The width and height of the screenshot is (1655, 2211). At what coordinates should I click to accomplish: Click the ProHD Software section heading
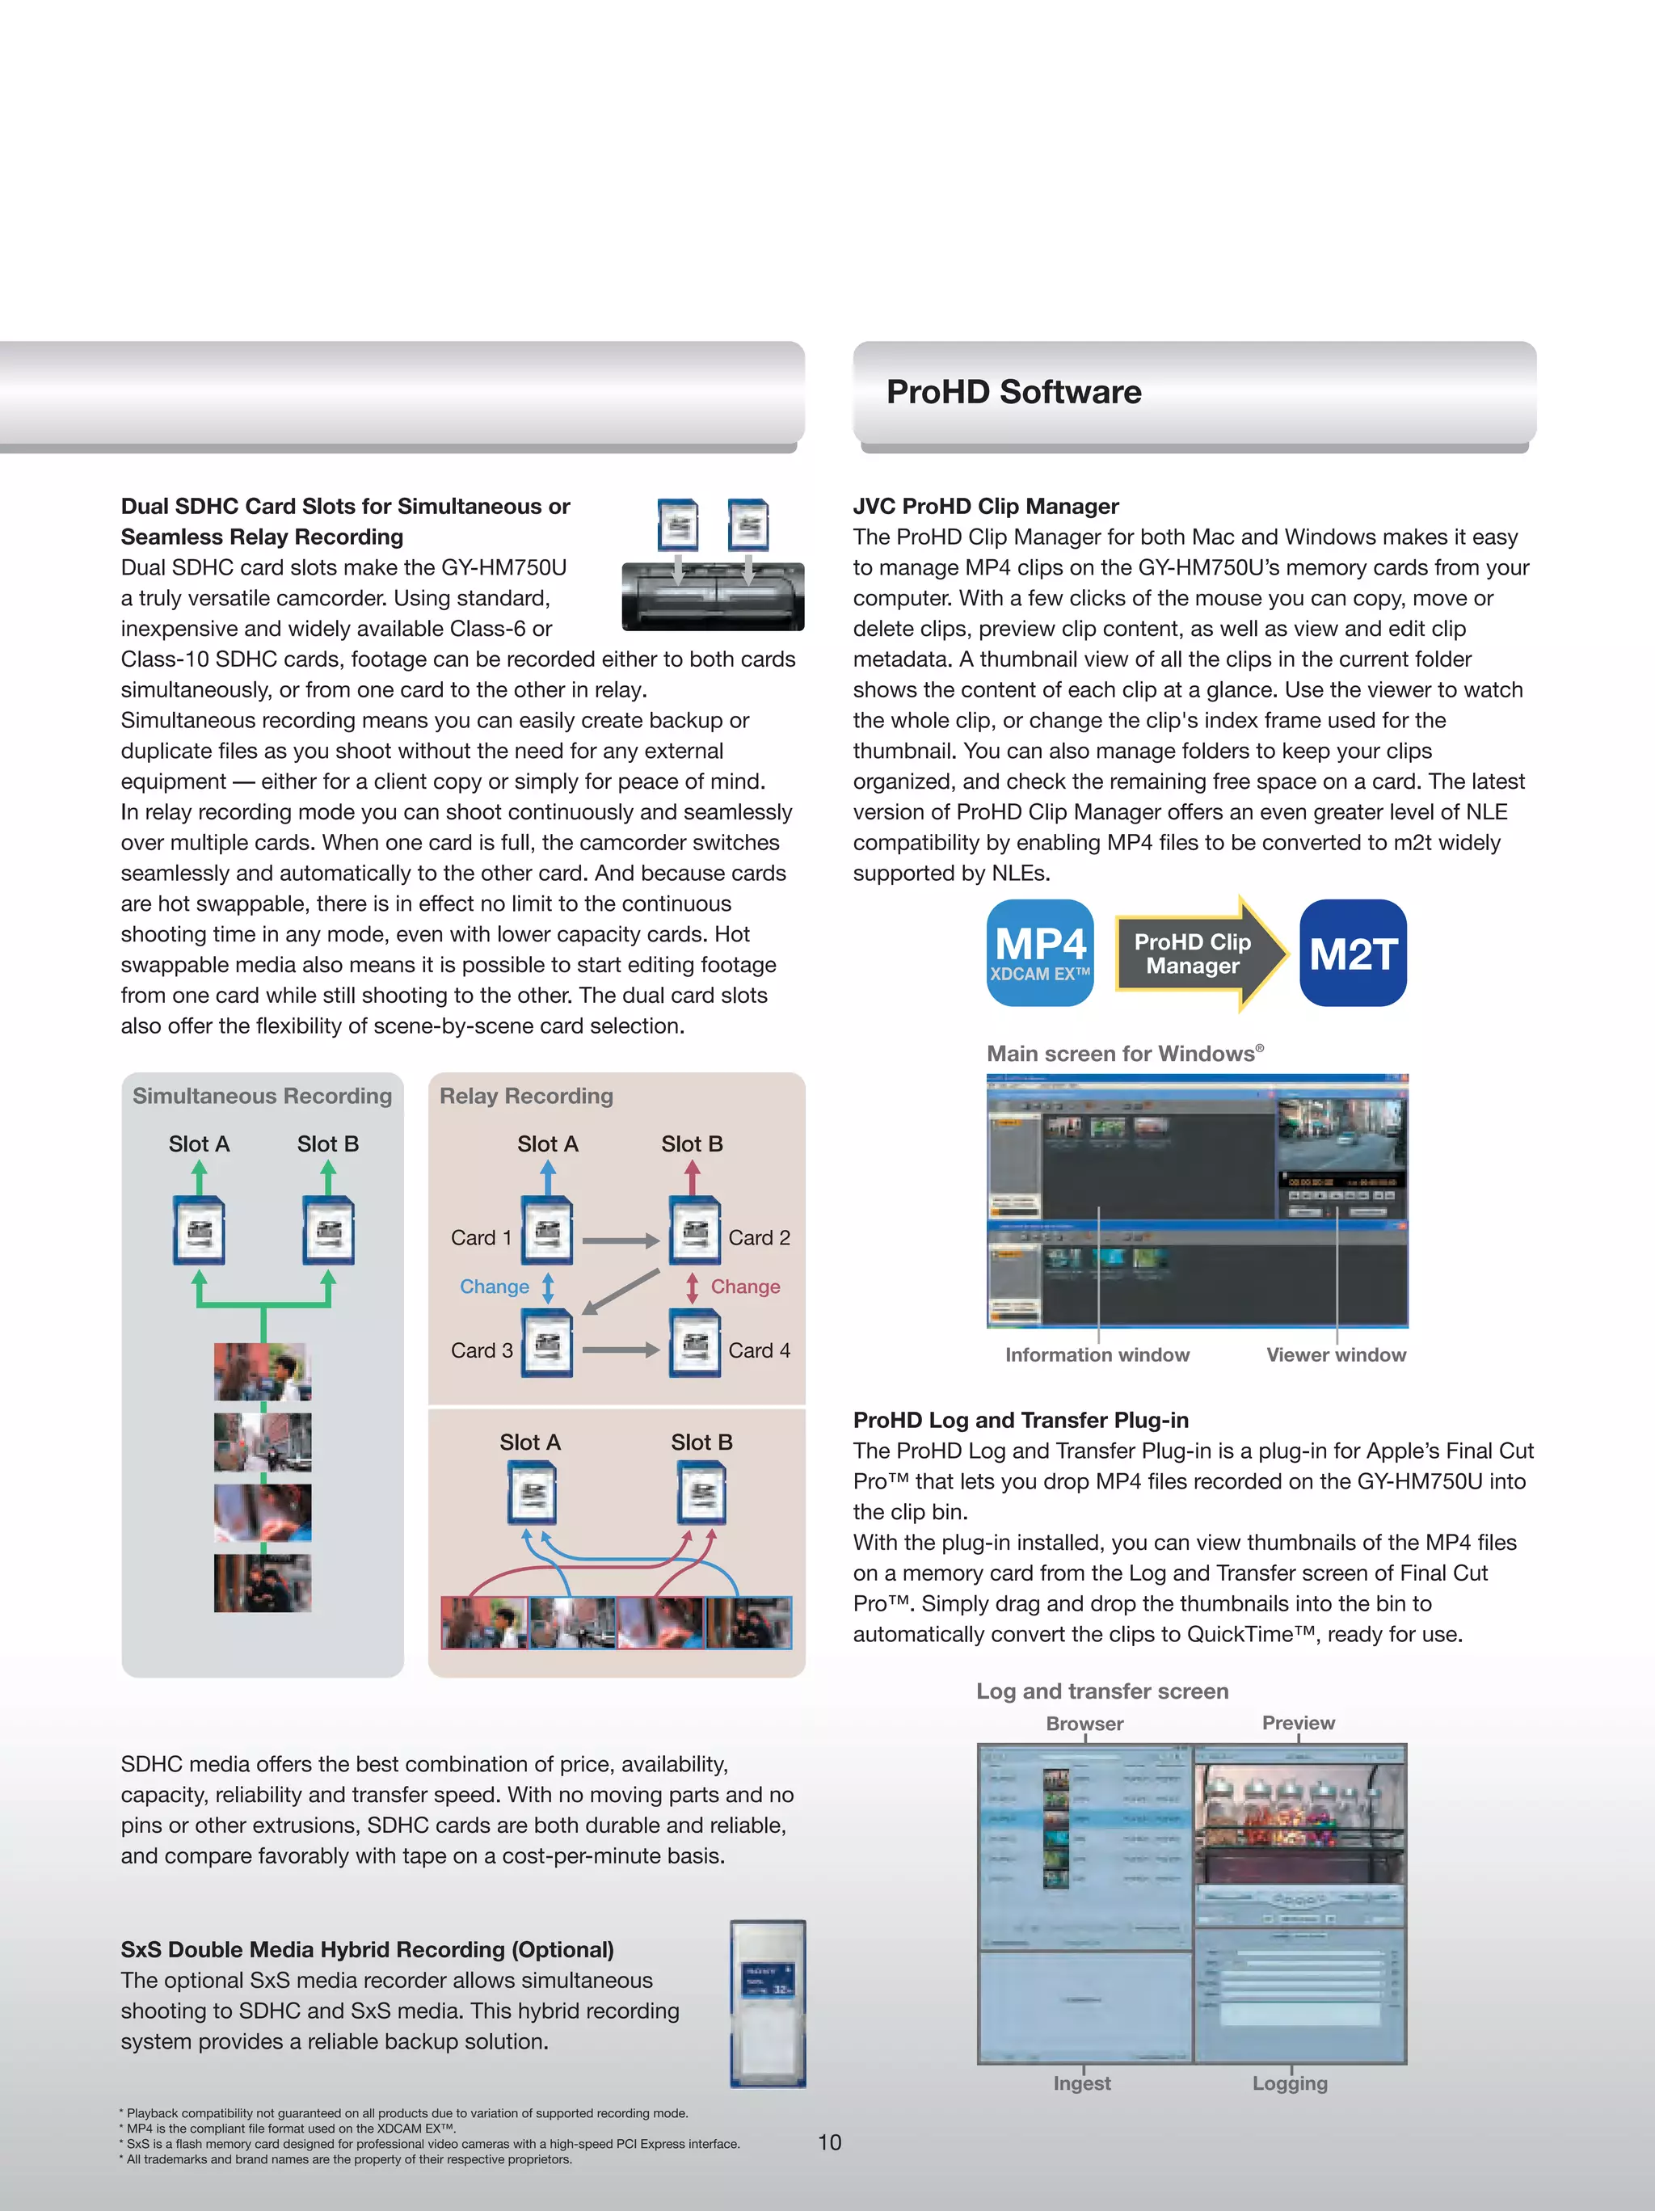1013,392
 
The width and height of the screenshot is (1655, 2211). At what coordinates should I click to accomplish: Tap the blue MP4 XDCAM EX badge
1040,953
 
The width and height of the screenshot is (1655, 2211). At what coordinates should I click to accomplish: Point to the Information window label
1097,1354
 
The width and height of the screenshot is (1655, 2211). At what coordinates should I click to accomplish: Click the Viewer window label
1335,1354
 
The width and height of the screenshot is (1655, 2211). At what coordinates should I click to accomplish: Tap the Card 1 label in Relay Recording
481,1237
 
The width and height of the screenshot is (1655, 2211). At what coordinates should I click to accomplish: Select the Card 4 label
759,1350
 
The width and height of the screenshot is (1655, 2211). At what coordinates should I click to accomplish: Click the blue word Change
495,1287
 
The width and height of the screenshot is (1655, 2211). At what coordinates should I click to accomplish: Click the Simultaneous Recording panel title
262,1096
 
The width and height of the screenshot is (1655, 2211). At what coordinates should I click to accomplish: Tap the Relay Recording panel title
526,1096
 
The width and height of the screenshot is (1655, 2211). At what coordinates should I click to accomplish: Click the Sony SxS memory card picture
768,2003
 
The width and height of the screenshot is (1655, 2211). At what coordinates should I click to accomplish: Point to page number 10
829,2142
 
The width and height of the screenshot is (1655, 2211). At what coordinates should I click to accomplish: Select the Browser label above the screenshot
1084,1723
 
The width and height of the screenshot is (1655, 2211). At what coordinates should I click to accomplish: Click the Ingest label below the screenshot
1081,2083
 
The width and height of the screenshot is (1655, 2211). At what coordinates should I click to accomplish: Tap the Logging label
1289,2083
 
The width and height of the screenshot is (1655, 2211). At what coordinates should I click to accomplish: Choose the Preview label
1297,1722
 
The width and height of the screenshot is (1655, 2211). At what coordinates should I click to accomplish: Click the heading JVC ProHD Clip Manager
985,506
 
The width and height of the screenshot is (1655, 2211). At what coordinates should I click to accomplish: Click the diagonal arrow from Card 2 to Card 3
621,1292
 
